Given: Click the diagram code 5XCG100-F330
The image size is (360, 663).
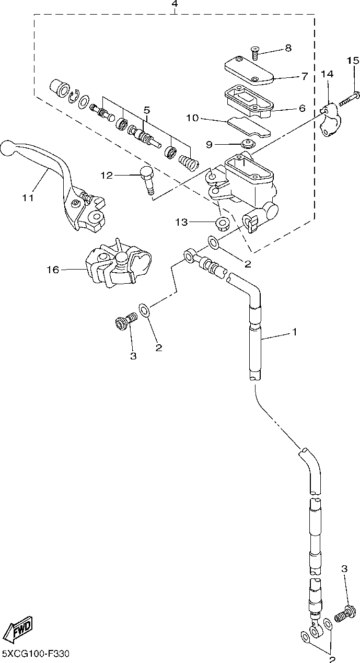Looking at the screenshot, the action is point(36,653).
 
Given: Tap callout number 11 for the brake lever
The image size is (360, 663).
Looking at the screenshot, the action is point(28,197).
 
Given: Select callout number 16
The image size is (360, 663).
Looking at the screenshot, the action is point(53,270).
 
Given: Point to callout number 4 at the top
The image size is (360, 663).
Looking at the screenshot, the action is point(175,4).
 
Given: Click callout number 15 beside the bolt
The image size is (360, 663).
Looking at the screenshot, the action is point(353,61).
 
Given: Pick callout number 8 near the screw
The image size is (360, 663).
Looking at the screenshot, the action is point(288,48).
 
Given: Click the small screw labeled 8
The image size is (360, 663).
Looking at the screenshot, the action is point(254,52).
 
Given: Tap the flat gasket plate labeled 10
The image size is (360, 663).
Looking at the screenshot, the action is point(249,126).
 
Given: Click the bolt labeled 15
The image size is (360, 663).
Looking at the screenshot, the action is point(350,99).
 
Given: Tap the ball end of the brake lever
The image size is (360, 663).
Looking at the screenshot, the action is point(8,148).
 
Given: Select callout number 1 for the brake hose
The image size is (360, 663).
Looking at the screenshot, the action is point(294,331).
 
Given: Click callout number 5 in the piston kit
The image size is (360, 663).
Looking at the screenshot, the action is point(147,110).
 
